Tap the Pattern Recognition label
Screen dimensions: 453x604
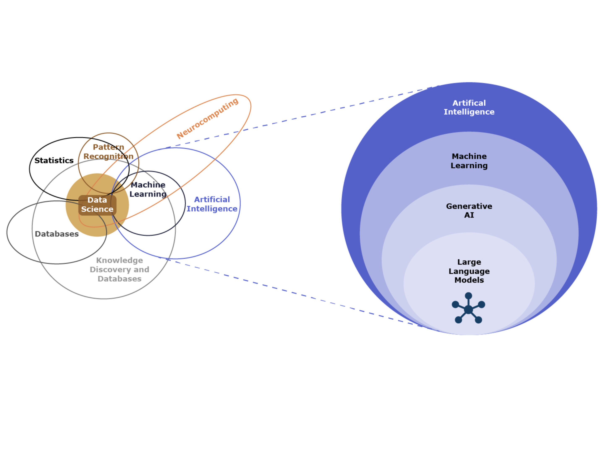[x=108, y=152]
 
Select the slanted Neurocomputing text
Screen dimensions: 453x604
[x=208, y=118]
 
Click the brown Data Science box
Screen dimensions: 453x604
[x=97, y=205]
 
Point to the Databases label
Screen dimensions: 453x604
[x=57, y=234]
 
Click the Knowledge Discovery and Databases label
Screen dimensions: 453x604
[x=119, y=269]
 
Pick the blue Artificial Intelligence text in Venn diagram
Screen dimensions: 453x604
[x=212, y=204]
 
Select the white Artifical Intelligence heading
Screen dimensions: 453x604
[x=469, y=107]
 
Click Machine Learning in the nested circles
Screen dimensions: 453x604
[x=469, y=161]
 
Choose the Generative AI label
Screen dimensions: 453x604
[x=469, y=211]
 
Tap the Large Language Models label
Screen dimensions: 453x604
[x=469, y=271]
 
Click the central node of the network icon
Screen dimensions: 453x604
[x=468, y=310]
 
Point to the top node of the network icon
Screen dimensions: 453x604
[x=468, y=296]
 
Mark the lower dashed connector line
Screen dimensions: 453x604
[x=300, y=295]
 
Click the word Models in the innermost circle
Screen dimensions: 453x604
[x=469, y=280]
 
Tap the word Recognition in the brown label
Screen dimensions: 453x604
[x=108, y=156]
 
